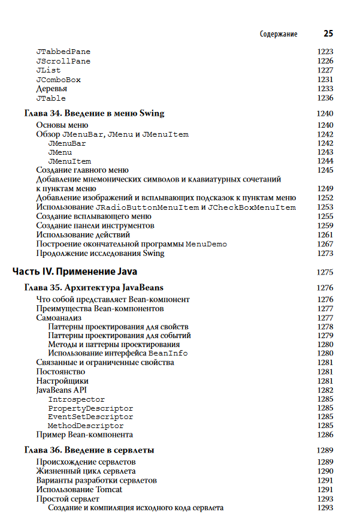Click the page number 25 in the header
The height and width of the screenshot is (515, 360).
328,34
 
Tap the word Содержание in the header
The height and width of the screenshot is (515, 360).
279,34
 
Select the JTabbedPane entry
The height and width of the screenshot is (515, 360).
63,52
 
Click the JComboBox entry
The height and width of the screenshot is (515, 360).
58,80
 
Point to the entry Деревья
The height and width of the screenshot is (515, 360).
52,89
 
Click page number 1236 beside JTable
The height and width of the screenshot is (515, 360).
325,98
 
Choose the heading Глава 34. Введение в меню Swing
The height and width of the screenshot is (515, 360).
94,113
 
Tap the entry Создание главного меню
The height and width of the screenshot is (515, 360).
82,170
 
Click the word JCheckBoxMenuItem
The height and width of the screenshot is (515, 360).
252,207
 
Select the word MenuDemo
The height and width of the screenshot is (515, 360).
206,245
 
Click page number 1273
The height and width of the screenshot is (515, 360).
325,254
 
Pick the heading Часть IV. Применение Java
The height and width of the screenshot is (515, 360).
75,272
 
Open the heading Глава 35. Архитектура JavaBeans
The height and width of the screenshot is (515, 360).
93,288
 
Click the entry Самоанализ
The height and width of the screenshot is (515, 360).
59,318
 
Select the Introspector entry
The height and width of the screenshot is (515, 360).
76,399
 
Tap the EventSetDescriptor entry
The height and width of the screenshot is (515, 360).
90,417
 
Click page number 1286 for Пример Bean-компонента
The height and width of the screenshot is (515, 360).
325,435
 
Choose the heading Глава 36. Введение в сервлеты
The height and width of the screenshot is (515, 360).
89,450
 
